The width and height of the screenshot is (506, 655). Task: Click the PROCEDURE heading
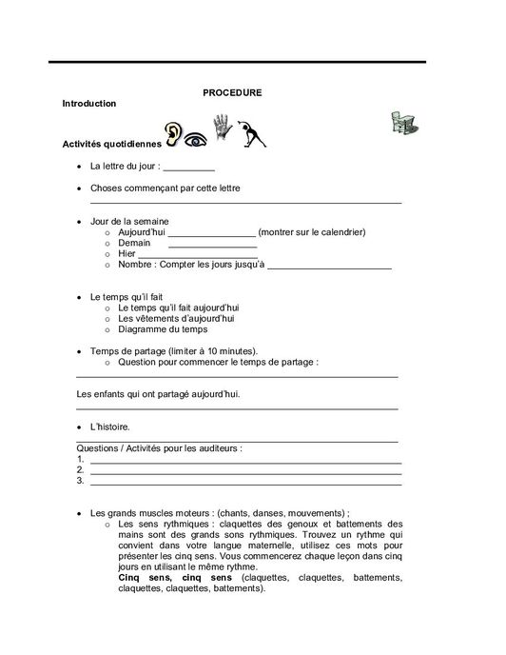232,92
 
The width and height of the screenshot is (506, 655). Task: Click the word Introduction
88,103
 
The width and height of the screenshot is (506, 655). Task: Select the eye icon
196,138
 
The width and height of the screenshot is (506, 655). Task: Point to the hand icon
222,129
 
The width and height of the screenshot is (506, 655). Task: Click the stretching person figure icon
251,135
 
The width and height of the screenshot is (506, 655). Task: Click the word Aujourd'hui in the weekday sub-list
142,231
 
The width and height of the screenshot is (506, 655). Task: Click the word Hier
127,254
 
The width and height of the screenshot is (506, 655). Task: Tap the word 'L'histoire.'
110,427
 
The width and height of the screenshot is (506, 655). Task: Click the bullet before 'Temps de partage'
79,351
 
